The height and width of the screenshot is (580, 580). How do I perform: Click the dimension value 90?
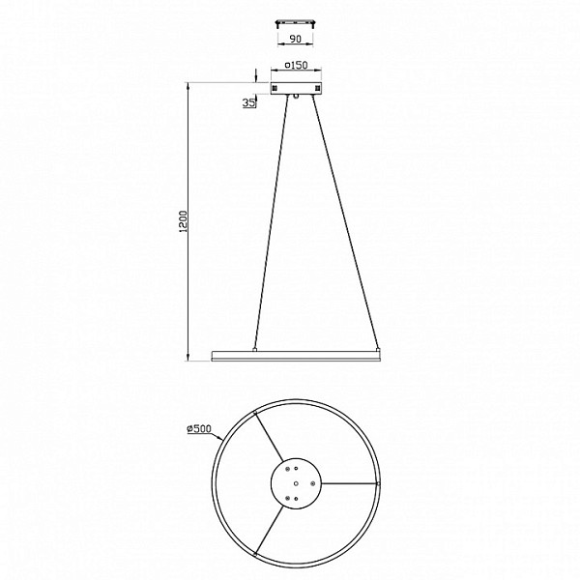(295, 39)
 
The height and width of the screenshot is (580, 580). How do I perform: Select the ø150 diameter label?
(296, 65)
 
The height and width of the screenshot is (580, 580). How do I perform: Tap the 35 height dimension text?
(249, 102)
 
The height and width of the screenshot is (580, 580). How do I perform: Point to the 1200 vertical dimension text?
(183, 221)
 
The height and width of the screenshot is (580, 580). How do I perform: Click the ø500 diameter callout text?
(199, 428)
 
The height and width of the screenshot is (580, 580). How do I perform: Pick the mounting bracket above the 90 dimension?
(296, 23)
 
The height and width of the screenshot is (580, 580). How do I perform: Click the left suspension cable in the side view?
(271, 221)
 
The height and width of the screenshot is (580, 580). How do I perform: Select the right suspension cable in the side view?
(345, 221)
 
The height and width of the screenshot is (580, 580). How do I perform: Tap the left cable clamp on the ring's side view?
(254, 349)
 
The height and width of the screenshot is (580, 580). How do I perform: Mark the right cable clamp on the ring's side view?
(378, 349)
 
